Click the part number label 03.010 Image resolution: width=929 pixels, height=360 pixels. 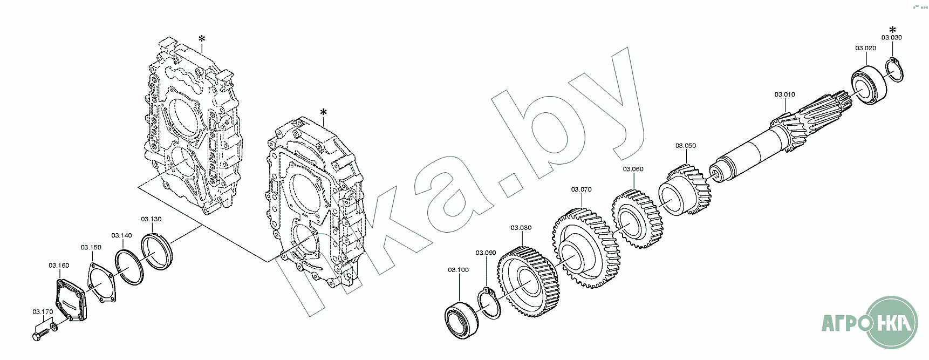785,94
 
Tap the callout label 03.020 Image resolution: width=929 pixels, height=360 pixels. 865,48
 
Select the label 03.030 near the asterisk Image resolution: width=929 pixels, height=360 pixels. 892,38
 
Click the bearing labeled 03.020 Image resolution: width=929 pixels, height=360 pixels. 870,86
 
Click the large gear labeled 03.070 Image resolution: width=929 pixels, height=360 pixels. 584,249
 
